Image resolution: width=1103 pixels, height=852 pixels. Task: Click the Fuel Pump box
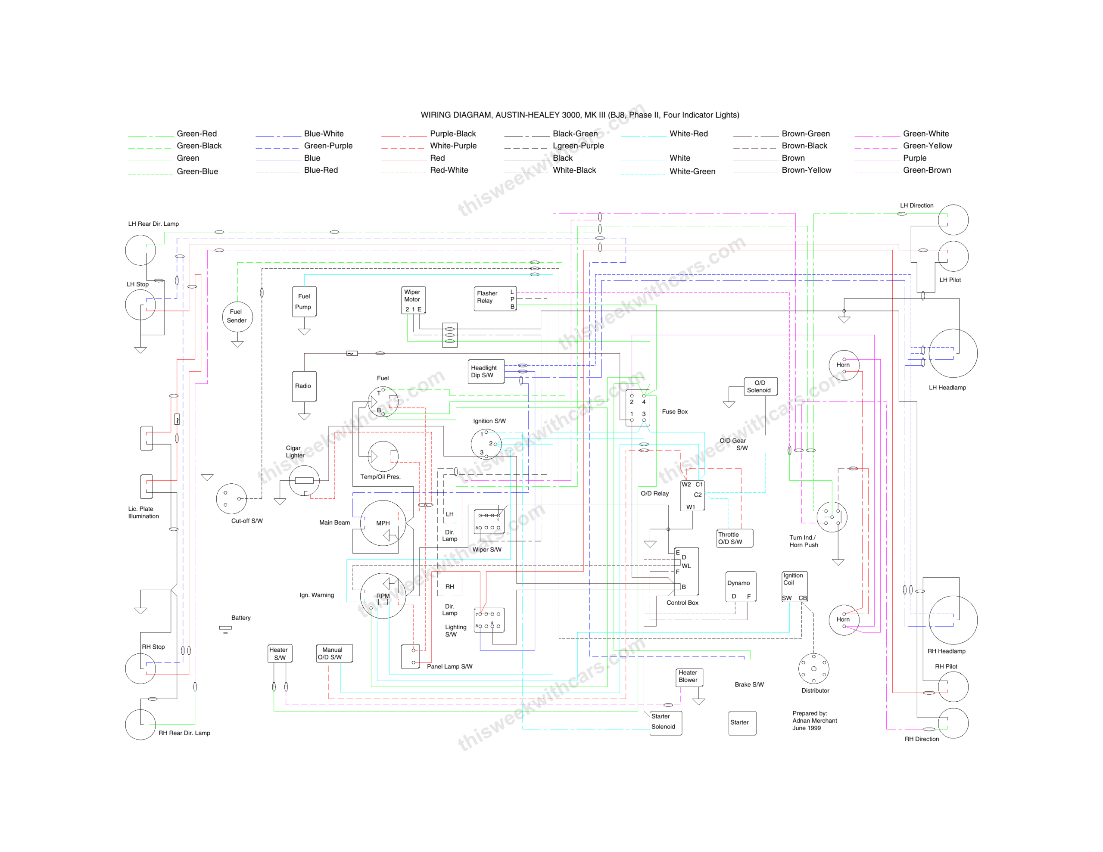coord(304,302)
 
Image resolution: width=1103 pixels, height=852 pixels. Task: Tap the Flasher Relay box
coord(495,299)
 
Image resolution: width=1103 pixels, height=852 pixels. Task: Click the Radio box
coord(304,386)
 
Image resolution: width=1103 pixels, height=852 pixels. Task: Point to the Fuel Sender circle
coord(237,316)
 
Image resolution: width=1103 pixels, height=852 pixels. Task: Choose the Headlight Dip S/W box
coord(486,372)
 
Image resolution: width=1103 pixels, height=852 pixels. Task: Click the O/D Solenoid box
coord(760,386)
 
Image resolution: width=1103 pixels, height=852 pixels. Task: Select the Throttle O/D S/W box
coord(735,538)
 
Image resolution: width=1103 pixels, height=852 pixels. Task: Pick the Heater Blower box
coord(689,677)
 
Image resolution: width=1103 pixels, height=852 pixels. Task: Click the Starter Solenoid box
coord(666,722)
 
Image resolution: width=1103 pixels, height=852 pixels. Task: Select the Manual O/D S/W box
coord(334,653)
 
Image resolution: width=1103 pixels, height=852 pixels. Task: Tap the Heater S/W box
coord(280,653)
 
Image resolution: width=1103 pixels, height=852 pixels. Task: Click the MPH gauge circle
coord(383,523)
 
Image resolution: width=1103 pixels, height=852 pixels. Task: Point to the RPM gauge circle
coord(383,596)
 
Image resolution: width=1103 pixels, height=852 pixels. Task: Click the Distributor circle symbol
coord(813,669)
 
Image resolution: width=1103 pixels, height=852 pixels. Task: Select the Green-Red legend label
coord(196,134)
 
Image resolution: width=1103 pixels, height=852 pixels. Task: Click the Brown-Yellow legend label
coord(806,170)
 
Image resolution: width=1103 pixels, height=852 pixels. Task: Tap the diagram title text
coord(580,115)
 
